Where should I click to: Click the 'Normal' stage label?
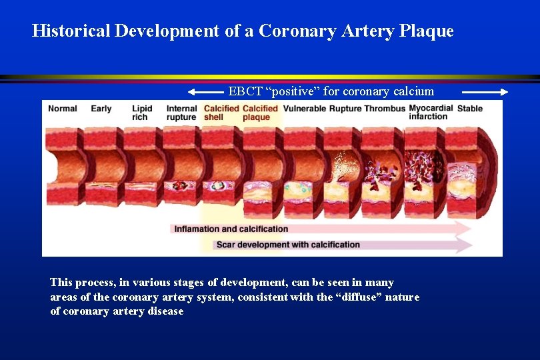pos(63,109)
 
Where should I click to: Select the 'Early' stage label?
pos(101,109)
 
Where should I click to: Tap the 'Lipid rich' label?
pos(141,113)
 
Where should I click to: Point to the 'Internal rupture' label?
pos(181,113)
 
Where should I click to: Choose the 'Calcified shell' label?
pos(221,113)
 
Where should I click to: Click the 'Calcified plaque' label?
pos(260,113)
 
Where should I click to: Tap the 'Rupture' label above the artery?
pos(345,109)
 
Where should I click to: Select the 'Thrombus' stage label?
pos(385,109)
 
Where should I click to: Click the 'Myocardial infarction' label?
pos(431,112)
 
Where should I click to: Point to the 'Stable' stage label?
pos(470,109)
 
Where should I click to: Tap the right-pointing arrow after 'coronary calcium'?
pos(485,92)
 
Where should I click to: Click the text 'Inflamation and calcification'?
pos(231,229)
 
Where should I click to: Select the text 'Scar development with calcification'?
pos(288,245)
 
